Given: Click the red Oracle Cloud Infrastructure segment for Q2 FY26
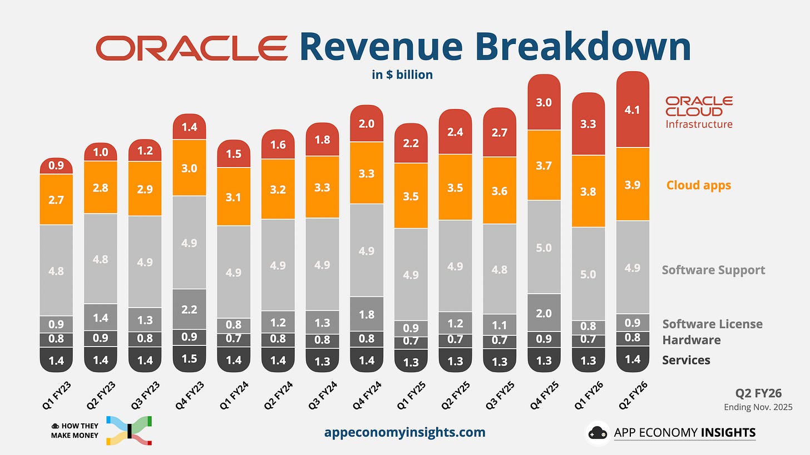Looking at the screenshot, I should coord(633,110).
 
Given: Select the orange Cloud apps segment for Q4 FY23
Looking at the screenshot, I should coord(190,168).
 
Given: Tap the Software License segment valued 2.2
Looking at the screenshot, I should coord(190,309).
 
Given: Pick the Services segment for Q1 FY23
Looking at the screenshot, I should coord(57,360).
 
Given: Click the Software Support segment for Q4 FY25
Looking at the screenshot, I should coord(544,247).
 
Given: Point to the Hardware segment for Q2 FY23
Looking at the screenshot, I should coord(101,338).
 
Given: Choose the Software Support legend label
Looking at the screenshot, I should coord(713,270).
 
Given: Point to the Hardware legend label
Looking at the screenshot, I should coord(691,340).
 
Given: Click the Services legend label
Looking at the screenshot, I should coord(686,360).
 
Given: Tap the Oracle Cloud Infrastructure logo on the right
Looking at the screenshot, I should coord(699,112).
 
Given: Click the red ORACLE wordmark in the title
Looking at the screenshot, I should coord(192,48).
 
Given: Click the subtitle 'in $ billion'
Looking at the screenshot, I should coord(402,75).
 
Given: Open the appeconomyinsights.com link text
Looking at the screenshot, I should coord(404,432).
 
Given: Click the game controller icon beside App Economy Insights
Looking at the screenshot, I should coord(598,433).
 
